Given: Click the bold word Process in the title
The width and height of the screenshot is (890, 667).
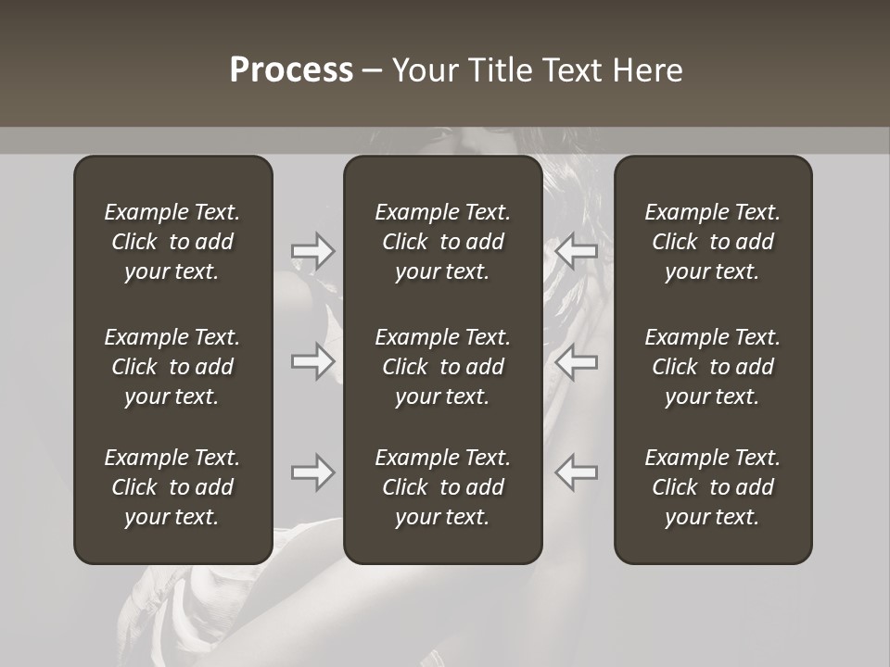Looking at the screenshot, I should click(291, 70).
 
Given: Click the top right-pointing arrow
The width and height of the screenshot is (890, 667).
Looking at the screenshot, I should click(313, 251).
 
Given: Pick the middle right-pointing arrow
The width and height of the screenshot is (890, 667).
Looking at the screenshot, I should click(313, 360).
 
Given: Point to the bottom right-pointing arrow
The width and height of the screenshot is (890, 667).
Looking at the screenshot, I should click(313, 472).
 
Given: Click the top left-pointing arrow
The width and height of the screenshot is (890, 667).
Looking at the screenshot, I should click(576, 251).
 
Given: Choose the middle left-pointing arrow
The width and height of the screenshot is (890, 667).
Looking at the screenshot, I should click(576, 360).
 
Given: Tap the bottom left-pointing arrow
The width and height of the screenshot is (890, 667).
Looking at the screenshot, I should click(576, 472).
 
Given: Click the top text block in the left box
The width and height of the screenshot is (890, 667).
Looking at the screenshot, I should click(172, 242).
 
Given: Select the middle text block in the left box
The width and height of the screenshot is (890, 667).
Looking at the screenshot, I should click(172, 367).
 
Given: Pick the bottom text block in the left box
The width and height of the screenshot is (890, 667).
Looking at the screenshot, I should click(172, 487).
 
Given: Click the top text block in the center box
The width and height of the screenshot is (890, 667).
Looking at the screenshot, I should click(443, 242).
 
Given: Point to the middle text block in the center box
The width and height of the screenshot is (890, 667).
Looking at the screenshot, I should click(443, 367).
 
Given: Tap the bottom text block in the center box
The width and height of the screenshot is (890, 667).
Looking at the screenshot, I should click(443, 487).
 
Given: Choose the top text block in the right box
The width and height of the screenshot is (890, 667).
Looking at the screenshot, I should click(713, 242).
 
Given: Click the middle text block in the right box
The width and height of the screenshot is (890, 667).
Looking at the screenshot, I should click(713, 367).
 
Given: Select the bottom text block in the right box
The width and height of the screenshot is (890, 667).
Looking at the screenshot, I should click(713, 487).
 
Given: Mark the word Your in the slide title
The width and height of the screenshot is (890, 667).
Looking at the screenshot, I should click(423, 70).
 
